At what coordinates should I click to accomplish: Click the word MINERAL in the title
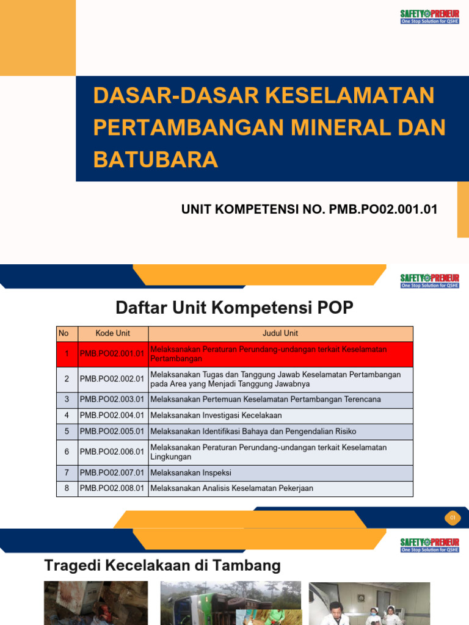330,127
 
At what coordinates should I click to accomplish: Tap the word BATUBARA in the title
155,159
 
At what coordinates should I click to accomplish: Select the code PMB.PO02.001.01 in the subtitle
384,209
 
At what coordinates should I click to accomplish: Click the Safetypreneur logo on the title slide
430,16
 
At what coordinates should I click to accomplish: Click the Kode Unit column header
113,333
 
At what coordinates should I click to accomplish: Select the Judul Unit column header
280,333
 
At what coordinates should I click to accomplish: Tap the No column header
64,333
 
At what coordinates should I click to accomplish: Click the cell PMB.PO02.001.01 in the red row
112,353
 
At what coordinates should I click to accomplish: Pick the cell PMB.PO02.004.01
112,415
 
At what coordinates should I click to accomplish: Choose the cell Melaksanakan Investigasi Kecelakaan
216,415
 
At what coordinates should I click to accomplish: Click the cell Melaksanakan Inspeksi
191,473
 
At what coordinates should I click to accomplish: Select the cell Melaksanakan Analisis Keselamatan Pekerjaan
231,488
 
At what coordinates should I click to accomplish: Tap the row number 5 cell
67,431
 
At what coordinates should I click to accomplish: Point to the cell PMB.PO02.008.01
112,488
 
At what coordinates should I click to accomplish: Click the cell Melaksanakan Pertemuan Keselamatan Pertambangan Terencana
265,399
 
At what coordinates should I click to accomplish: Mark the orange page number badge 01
453,518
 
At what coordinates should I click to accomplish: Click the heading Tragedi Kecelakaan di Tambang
162,566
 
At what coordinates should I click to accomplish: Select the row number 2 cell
67,379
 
